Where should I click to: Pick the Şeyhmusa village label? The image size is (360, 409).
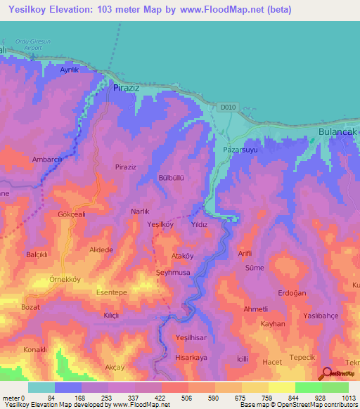click(x=172, y=272)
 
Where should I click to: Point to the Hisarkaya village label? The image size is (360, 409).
click(x=191, y=357)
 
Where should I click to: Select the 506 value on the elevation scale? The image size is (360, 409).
click(x=186, y=398)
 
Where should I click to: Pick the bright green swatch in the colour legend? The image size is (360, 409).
click(x=308, y=387)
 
